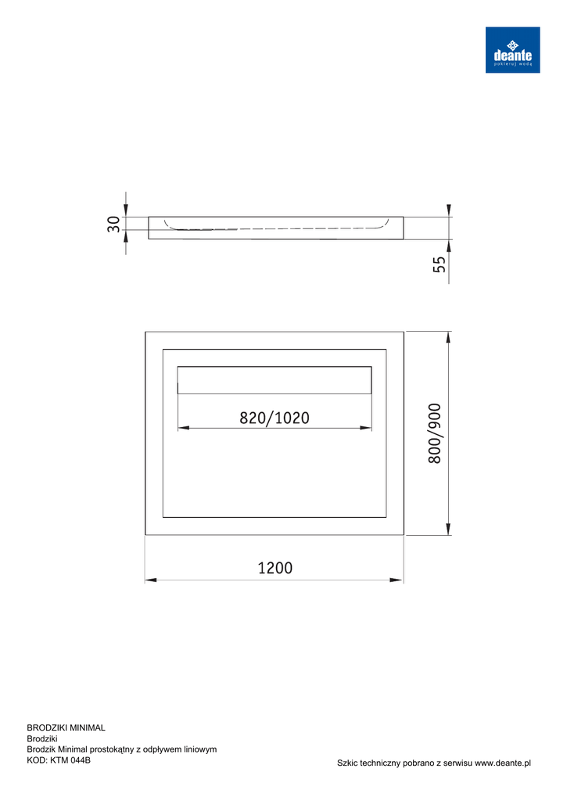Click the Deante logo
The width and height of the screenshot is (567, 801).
(512, 49)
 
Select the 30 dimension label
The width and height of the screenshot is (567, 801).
(113, 224)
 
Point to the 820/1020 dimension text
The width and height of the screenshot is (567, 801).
(275, 418)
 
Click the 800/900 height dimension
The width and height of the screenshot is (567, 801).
(434, 433)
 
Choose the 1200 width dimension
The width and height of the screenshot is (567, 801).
(275, 568)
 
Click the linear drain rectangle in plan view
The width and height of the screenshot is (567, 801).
(275, 379)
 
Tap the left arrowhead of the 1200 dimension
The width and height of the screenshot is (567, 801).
(151, 580)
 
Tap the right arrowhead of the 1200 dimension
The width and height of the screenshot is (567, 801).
(397, 580)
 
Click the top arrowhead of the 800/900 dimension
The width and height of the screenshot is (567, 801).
(448, 338)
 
